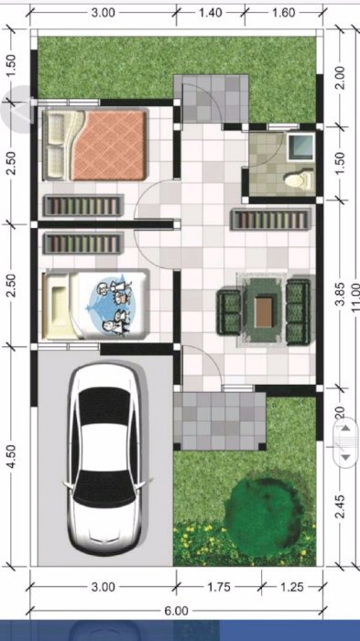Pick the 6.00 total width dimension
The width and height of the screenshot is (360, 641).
point(178,610)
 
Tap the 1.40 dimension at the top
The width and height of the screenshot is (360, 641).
point(211,13)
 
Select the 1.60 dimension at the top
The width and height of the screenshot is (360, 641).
point(283,13)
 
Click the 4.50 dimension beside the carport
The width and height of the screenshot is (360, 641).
point(10,455)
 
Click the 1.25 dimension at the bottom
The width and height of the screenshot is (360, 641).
point(291,585)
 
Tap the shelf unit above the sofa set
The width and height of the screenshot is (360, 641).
point(275,221)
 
